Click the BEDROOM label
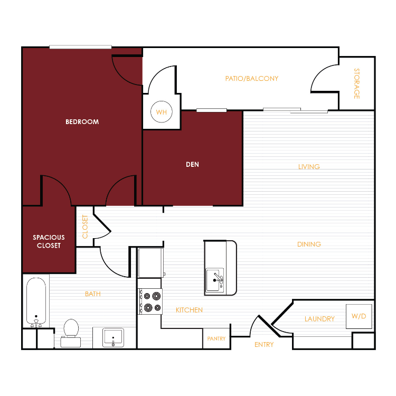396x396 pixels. [82, 122]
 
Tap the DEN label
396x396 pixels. [192, 164]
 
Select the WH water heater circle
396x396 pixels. [162, 111]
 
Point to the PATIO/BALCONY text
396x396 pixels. [252, 79]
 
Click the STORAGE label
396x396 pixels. [356, 83]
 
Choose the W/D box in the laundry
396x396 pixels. [359, 316]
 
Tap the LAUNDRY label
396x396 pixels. [319, 319]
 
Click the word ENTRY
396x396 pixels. [264, 344]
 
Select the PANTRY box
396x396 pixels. [216, 338]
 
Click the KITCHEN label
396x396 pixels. [189, 310]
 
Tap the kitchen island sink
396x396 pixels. [215, 280]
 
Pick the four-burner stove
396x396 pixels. [150, 301]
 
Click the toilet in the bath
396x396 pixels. [71, 333]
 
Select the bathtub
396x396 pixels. [36, 302]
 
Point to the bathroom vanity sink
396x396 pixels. [113, 337]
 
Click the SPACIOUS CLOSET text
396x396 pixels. [49, 241]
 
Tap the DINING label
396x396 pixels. [309, 244]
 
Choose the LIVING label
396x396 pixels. [309, 167]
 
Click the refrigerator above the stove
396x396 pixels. [150, 263]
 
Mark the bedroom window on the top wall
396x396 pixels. [80, 47]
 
